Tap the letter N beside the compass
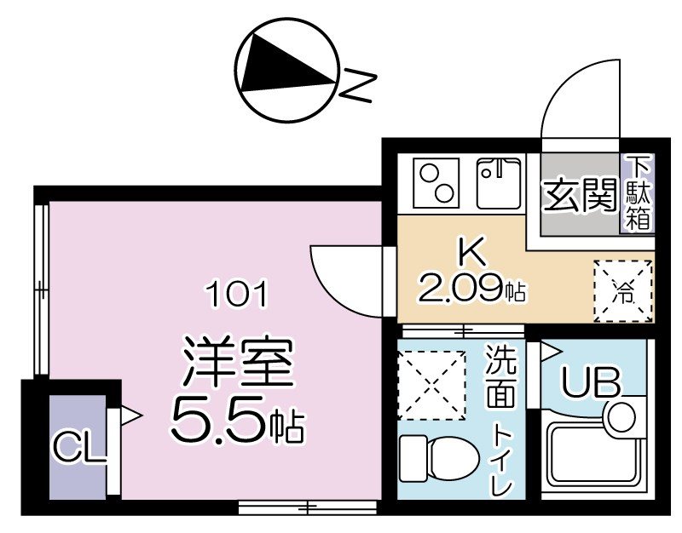pyautogui.click(x=361, y=84)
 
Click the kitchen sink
pyautogui.click(x=499, y=183)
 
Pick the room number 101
pyautogui.click(x=240, y=295)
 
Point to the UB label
pyautogui.click(x=589, y=384)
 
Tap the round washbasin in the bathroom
pyautogui.click(x=621, y=416)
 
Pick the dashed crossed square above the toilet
pyautogui.click(x=431, y=384)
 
